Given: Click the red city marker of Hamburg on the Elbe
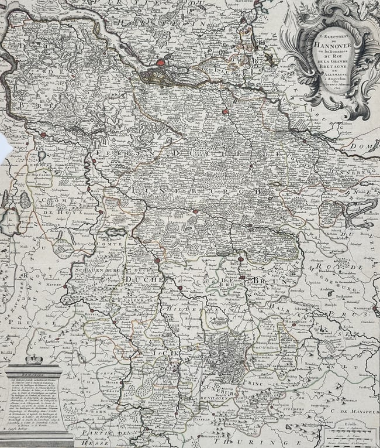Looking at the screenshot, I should click(x=161, y=62).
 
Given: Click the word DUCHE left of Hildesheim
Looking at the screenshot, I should click(x=138, y=281).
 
